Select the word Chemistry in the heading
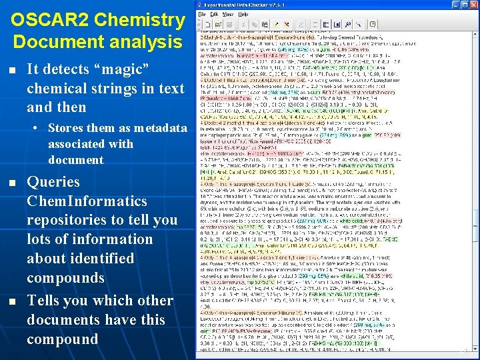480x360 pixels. (x=139, y=20)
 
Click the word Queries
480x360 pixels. (x=53, y=182)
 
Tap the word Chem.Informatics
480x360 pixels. (x=87, y=201)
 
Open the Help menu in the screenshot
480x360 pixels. (x=243, y=14)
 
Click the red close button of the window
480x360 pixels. (x=473, y=5)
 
